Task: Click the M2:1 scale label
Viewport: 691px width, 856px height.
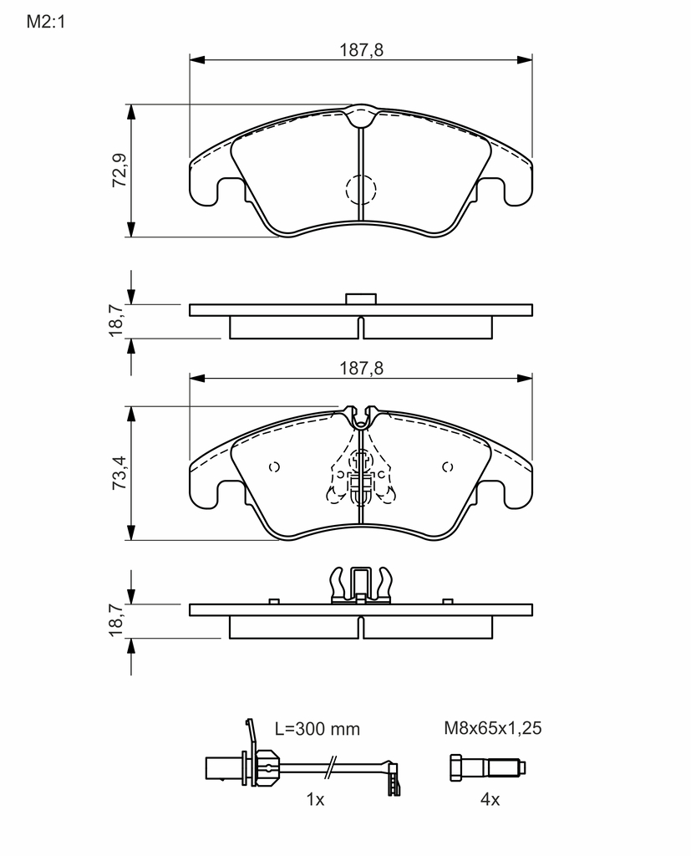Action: point(46,22)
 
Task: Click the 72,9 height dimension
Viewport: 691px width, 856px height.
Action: point(119,171)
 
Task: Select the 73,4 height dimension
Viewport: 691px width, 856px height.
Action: point(119,473)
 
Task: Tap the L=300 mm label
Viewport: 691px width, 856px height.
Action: point(318,729)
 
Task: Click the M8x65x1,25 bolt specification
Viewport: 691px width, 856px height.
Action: point(493,728)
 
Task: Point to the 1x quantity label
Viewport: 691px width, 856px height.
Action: point(316,800)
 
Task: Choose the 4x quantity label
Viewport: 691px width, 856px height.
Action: point(490,800)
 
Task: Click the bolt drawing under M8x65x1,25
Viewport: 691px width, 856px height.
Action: point(488,768)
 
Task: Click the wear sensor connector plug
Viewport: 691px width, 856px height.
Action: point(224,767)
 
